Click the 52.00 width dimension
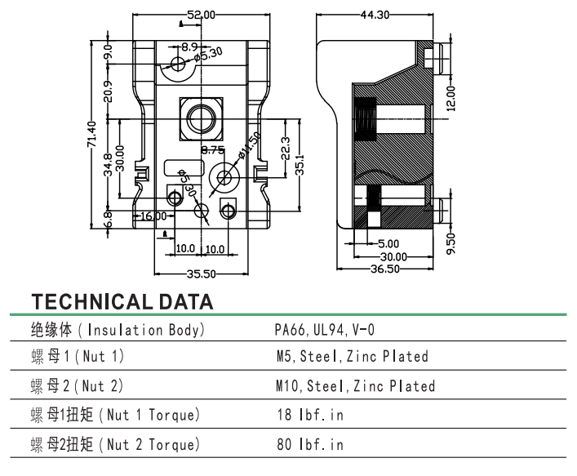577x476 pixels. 202,15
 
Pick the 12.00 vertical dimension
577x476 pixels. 451,97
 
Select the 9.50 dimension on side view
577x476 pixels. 451,242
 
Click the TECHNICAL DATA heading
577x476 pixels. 122,301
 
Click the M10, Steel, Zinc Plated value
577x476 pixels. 355,385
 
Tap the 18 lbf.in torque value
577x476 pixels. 310,415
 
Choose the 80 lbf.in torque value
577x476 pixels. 310,444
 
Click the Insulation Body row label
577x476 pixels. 118,331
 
